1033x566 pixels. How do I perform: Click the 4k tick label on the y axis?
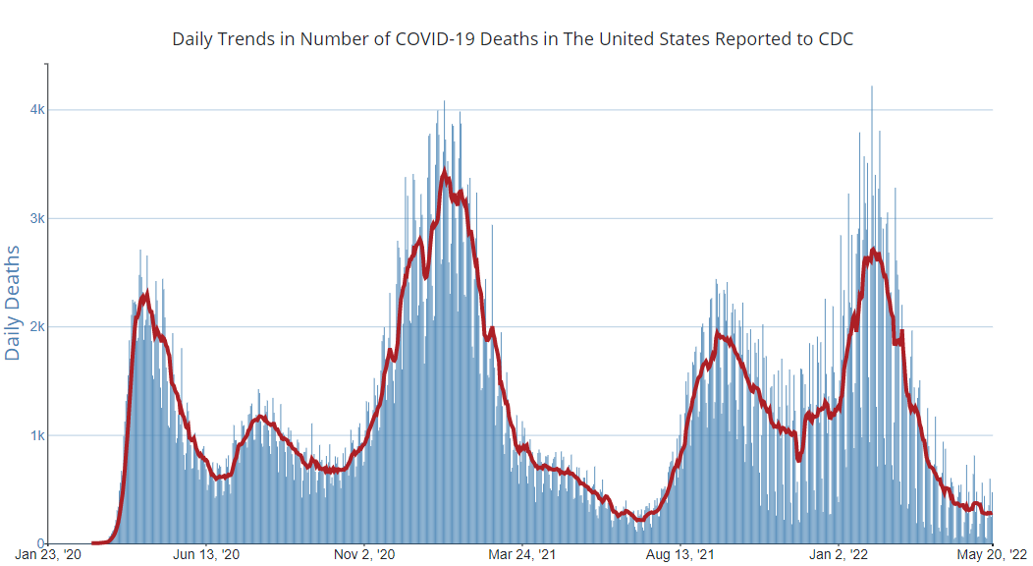[x=37, y=109]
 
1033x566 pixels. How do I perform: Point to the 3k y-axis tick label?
[x=37, y=218]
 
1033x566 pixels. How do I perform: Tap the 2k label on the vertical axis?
[x=37, y=326]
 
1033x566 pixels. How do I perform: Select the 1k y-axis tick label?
[x=37, y=435]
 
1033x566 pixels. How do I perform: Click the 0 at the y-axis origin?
[x=42, y=543]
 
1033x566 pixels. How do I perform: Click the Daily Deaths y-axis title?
[x=13, y=303]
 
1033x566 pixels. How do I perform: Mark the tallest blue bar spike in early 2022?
[x=872, y=88]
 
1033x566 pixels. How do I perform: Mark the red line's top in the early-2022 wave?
[x=873, y=251]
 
